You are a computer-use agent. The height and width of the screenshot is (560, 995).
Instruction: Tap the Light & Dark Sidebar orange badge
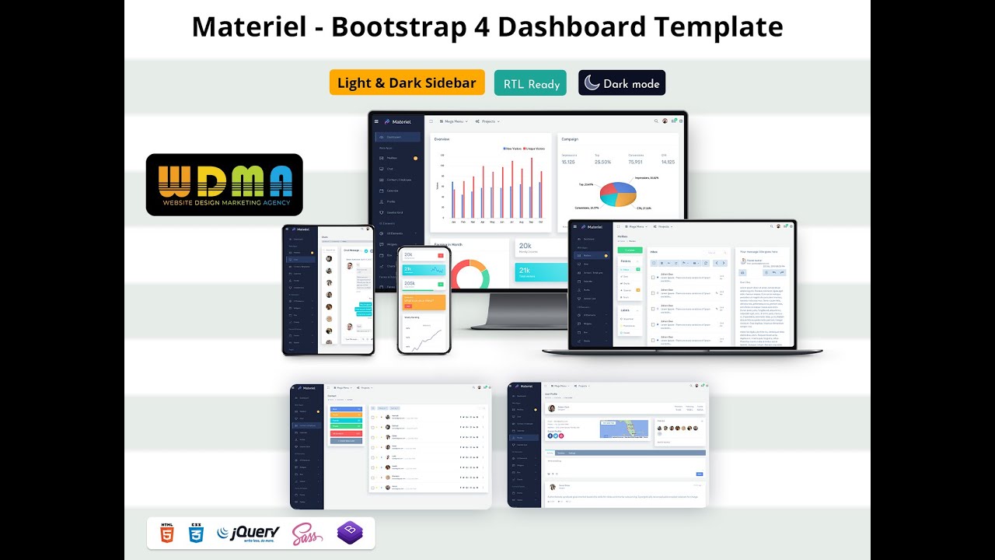[x=407, y=82]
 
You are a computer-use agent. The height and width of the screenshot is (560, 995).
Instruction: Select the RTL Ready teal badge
[x=532, y=83]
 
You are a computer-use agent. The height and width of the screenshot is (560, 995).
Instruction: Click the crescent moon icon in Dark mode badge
[x=592, y=83]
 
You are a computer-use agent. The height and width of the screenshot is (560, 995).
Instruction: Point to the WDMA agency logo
[x=224, y=184]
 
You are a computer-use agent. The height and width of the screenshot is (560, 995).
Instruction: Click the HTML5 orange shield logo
[x=167, y=533]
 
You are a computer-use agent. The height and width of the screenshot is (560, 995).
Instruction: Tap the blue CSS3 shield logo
[x=196, y=533]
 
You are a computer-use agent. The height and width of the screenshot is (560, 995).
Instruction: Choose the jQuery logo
[x=247, y=534]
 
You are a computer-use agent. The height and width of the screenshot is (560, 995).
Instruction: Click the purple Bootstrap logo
[x=350, y=533]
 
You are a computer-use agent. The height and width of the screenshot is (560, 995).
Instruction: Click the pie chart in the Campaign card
[x=618, y=194]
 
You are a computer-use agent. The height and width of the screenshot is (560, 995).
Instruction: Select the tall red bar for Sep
[x=531, y=190]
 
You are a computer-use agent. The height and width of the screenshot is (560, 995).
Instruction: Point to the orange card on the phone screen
[x=424, y=301]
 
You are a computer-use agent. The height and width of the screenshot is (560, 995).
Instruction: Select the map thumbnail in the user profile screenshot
[x=623, y=429]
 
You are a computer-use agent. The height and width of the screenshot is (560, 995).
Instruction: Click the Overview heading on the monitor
[x=442, y=139]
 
